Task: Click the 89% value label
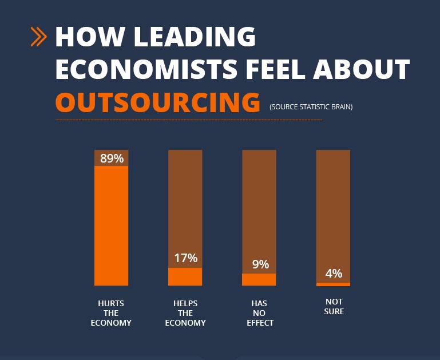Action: point(112,159)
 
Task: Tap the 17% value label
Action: point(185,258)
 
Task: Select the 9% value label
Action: point(260,264)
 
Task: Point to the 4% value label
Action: point(334,274)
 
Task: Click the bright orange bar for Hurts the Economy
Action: point(112,226)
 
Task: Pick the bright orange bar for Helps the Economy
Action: point(185,276)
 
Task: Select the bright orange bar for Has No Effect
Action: point(259,279)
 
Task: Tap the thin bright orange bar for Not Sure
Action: point(334,284)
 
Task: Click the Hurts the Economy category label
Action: point(111,313)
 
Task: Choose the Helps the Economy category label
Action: point(185,313)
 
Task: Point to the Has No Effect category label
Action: point(259,313)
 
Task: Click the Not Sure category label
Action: point(334,307)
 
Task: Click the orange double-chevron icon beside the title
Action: point(39,37)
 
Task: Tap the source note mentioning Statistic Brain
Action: point(311,107)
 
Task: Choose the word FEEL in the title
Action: point(276,70)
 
